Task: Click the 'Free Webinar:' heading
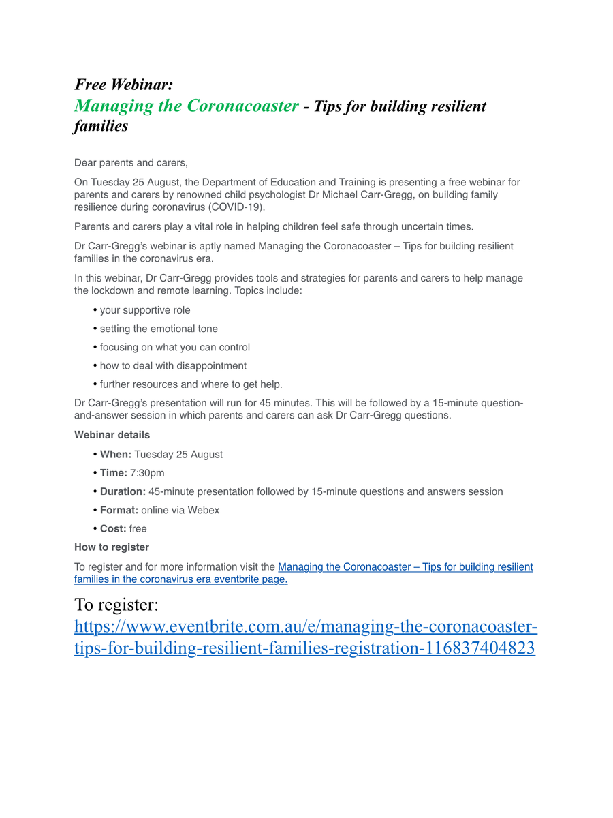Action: (x=123, y=85)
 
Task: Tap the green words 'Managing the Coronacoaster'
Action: (x=186, y=106)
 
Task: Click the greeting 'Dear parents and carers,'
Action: (x=131, y=163)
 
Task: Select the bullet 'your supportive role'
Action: (x=145, y=310)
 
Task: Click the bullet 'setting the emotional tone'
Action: (x=159, y=329)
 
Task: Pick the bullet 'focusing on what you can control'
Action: (x=174, y=347)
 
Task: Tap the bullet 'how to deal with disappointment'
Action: (x=173, y=365)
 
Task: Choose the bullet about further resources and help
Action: (x=191, y=384)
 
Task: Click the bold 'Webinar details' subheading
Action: (x=112, y=435)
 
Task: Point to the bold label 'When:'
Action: (x=116, y=455)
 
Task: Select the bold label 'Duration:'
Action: (x=123, y=491)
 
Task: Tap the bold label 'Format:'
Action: (x=119, y=510)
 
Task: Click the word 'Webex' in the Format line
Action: (x=204, y=510)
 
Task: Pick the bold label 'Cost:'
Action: (x=113, y=528)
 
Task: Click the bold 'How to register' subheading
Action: (x=112, y=547)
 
